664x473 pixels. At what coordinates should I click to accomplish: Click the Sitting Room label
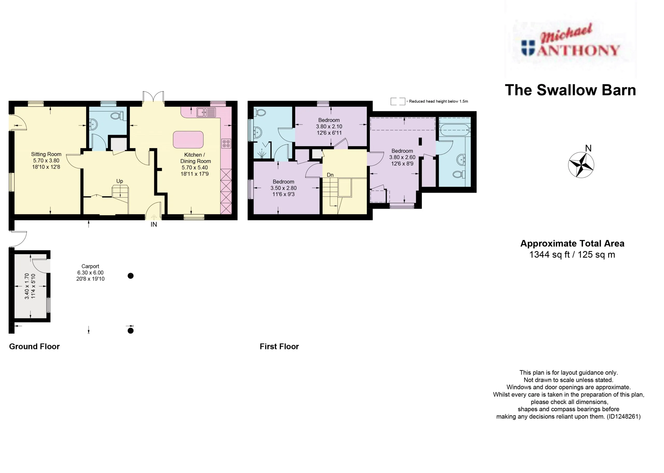(46, 154)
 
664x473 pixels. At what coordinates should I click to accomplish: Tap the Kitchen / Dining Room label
(195, 158)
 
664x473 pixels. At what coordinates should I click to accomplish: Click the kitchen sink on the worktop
(206, 112)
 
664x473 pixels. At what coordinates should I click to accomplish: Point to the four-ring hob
(226, 144)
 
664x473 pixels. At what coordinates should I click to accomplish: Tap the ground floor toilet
(117, 116)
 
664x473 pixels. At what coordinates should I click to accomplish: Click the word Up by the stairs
(120, 181)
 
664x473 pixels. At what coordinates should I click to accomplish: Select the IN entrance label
(154, 225)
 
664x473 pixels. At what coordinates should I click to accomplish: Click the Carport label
(90, 266)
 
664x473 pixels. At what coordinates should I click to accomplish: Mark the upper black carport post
(131, 276)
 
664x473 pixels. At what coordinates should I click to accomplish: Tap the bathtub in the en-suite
(454, 130)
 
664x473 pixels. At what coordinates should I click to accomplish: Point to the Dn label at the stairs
(330, 175)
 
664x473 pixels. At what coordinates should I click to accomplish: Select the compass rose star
(581, 165)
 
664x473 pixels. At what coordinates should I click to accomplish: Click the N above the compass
(588, 148)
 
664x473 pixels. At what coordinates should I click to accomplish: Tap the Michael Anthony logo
(570, 41)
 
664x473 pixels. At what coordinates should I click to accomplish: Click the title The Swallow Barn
(570, 90)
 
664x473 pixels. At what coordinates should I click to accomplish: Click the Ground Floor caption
(34, 346)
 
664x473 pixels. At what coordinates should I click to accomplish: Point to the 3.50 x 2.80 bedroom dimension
(283, 188)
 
